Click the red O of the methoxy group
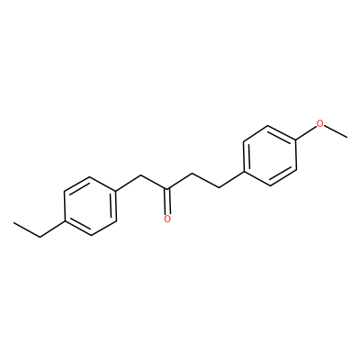tap(320, 123)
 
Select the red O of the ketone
tap(167, 219)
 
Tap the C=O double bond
tap(167, 201)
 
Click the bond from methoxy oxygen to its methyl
tap(336, 131)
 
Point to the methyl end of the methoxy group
tap(347, 138)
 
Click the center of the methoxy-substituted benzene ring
tap(270, 156)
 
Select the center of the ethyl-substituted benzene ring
tap(90, 206)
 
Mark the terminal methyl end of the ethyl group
tap(13, 222)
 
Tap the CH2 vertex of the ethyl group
tap(40, 238)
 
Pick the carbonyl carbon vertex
tap(167, 189)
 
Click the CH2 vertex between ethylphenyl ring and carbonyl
tap(141, 175)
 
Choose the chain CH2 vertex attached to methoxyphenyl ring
tap(220, 188)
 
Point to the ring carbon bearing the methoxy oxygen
tap(296, 140)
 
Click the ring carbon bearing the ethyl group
tap(64, 222)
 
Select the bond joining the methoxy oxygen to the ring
tap(307, 133)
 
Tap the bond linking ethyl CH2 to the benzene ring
tap(52, 229)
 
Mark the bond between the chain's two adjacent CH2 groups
tap(206, 181)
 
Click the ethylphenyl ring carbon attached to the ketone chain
tap(116, 191)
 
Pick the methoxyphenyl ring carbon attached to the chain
tap(244, 172)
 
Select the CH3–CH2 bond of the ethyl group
tap(27, 230)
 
